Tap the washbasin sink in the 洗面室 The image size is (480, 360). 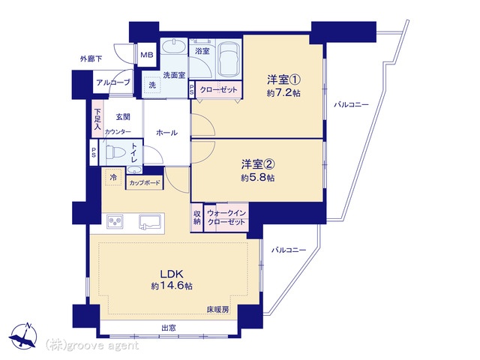coord(173,47)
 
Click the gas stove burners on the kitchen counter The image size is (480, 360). coord(115,221)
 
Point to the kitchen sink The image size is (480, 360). coord(150,221)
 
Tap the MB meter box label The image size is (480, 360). coord(147,55)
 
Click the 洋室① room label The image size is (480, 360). coord(283,80)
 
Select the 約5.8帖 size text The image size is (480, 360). coord(257,178)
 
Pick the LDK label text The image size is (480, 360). coord(172,273)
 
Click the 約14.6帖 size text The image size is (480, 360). coord(172,286)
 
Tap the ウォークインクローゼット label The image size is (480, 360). coord(226,217)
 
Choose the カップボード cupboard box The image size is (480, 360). coord(144,183)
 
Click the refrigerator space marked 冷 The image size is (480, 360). coord(113,177)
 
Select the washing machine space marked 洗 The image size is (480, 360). coord(152,85)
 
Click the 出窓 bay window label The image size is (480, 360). coord(169,328)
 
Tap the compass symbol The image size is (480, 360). coord(23,336)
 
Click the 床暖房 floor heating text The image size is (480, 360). coord(217,310)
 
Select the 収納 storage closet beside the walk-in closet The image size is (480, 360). coord(196,217)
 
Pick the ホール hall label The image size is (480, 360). coord(166,133)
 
